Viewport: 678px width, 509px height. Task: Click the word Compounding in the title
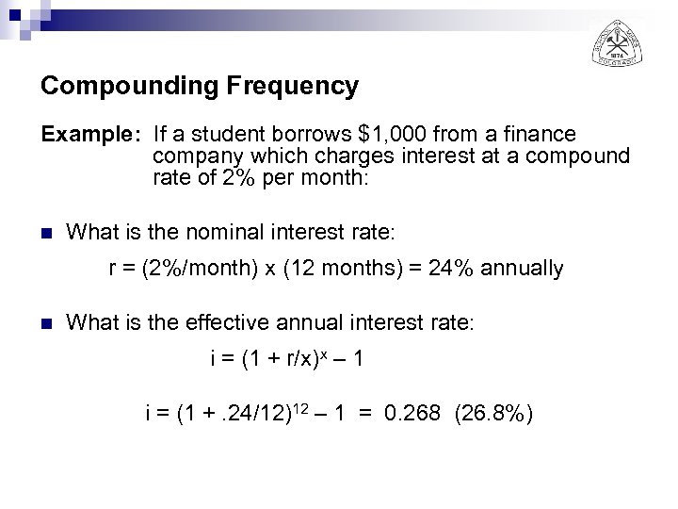[114, 87]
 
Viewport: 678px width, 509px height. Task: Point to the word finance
[543, 135]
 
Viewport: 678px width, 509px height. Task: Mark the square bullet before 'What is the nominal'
[46, 231]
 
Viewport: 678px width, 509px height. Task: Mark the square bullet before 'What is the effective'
[46, 323]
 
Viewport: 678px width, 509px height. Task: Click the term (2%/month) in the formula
[192, 269]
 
